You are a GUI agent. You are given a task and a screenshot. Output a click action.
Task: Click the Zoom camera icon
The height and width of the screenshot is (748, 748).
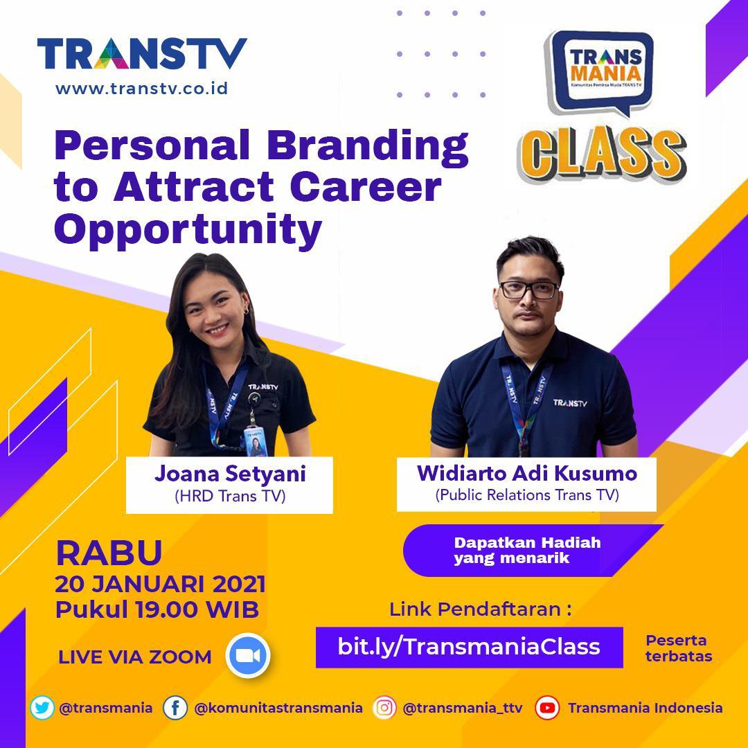coord(247,655)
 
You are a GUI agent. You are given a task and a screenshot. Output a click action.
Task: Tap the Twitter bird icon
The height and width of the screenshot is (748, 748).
coord(42,708)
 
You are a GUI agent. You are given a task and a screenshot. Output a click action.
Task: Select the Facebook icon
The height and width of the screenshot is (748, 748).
coord(175,708)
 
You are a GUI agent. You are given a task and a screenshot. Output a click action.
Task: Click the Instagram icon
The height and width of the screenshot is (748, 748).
coord(384,708)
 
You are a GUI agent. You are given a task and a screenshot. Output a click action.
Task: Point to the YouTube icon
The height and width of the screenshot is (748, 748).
coord(546,708)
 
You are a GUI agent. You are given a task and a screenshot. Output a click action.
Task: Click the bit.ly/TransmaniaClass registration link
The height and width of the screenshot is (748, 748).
coord(469,648)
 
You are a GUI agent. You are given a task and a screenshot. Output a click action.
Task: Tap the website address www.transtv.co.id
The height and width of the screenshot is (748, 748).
coord(142,89)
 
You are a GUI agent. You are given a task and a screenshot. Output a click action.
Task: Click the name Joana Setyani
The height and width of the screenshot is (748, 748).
coord(230,474)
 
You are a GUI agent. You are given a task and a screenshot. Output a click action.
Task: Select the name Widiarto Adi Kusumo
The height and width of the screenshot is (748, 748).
coord(526,473)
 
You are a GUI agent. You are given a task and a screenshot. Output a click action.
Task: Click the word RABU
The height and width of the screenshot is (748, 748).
coord(109,553)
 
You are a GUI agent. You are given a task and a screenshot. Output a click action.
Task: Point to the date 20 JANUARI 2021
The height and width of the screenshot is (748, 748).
coord(160,585)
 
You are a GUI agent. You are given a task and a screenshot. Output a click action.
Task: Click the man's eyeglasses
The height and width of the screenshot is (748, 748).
coord(529,290)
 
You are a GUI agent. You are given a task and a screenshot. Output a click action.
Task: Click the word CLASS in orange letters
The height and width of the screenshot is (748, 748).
coord(602,155)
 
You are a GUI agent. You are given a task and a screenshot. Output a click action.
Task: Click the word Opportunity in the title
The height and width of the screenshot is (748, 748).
coord(188,229)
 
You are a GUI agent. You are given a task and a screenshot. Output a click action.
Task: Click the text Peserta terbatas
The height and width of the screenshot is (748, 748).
coord(679,648)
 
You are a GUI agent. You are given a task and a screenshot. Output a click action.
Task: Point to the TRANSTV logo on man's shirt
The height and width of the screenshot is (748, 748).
coord(569,403)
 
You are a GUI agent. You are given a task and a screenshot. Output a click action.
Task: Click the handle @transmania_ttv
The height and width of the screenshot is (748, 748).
coord(463,709)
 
